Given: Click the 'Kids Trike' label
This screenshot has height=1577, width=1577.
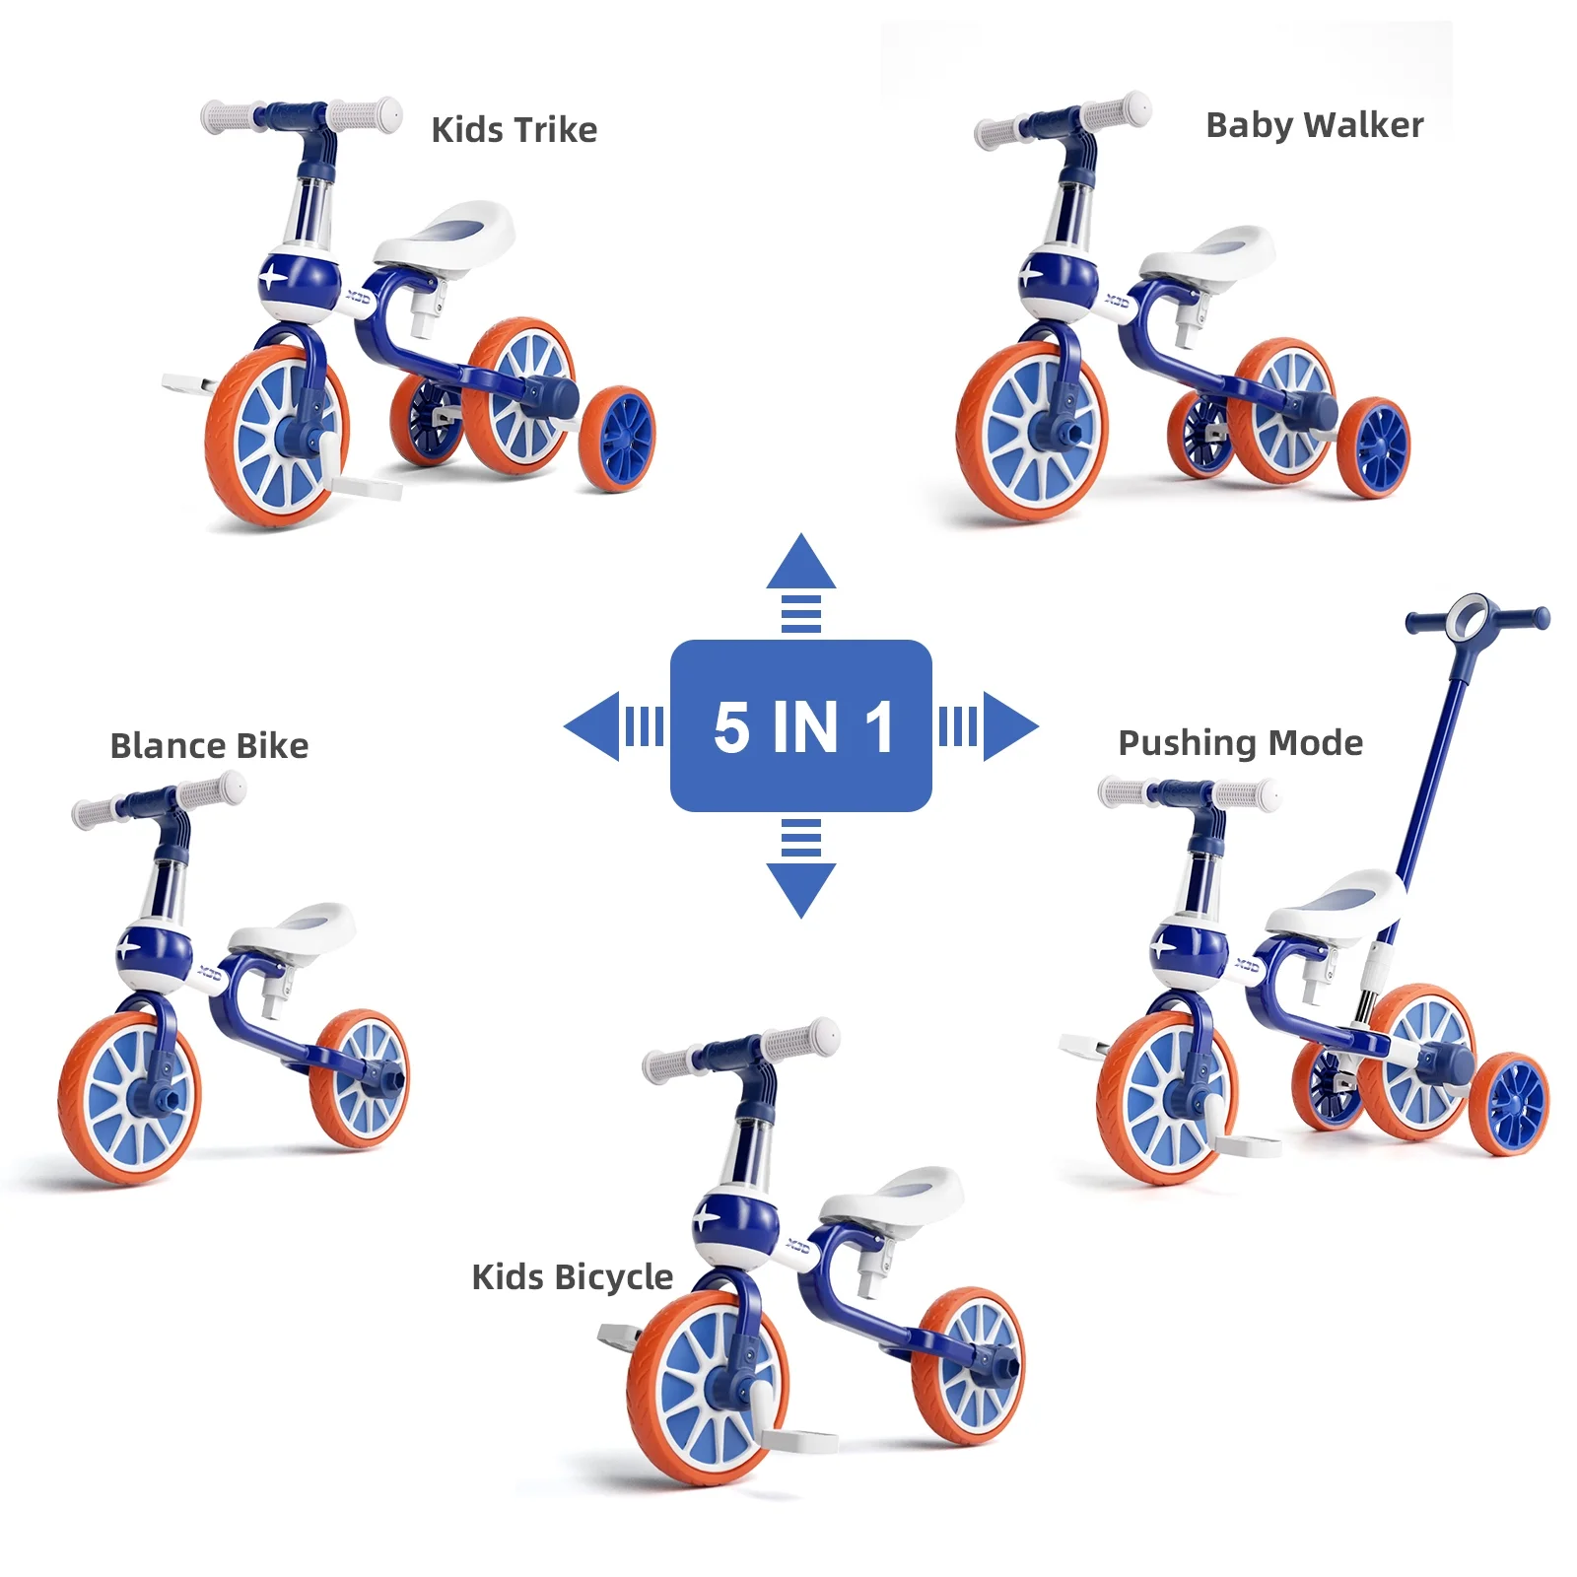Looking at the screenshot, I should (514, 130).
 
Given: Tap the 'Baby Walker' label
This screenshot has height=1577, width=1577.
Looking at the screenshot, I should (1314, 126).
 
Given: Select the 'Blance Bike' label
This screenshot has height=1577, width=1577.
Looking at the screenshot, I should (209, 746).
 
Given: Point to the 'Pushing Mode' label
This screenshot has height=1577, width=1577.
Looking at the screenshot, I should (1240, 743).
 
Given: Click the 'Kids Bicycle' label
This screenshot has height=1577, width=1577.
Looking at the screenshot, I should (572, 1277).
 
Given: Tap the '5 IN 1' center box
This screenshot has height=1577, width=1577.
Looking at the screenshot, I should (800, 726).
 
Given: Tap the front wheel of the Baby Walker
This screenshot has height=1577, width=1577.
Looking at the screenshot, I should (1031, 432).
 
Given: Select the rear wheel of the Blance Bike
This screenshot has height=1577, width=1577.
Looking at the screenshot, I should (361, 1079).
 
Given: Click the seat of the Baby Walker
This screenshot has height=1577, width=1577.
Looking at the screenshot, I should (1211, 253).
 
